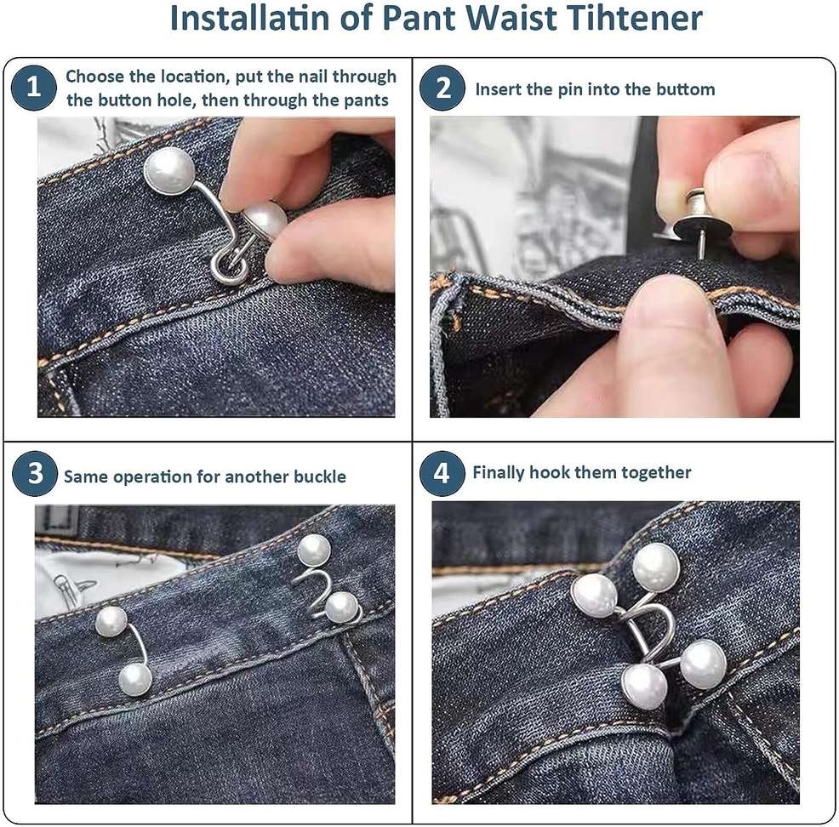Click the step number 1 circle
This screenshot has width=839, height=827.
(34, 88)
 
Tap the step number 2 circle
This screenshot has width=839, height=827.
(442, 88)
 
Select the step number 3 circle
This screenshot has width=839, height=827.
(35, 473)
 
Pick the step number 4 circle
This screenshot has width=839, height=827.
(442, 473)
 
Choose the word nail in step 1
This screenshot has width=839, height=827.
(313, 77)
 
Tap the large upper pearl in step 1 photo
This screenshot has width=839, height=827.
(169, 171)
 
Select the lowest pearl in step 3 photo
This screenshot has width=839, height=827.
(134, 679)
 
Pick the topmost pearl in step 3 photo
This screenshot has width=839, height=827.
(313, 550)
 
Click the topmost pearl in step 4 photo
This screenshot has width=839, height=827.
(657, 567)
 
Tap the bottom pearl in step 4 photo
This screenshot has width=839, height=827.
(644, 687)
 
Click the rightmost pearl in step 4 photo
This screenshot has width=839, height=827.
(703, 664)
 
